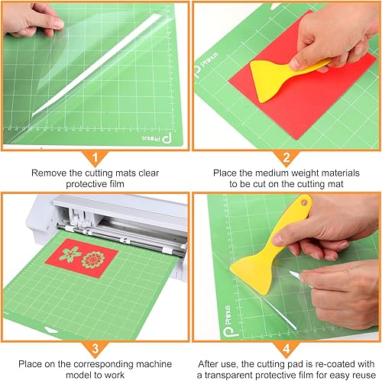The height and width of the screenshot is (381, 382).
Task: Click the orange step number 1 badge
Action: click(95, 158)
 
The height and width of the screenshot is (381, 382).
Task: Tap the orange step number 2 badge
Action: click(286, 158)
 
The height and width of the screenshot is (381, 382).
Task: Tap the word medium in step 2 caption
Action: click(260, 173)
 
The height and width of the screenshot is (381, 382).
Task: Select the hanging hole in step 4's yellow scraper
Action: click(305, 205)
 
